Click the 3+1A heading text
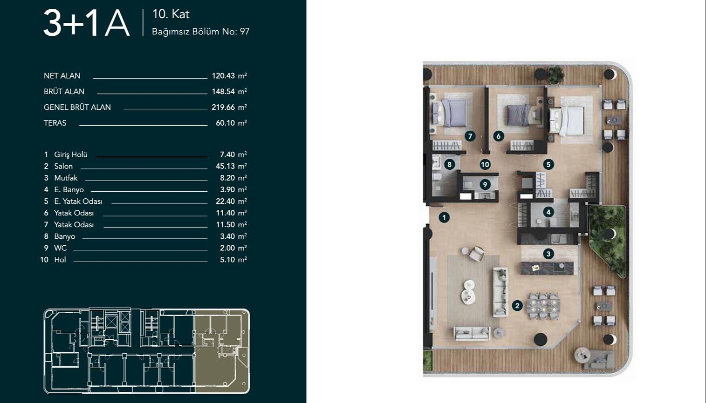(87, 23)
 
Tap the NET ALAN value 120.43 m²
(229, 76)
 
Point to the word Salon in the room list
(63, 166)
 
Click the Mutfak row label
(66, 178)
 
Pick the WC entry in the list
(60, 248)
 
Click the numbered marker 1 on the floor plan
(444, 217)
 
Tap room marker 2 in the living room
(517, 306)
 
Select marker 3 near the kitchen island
(548, 254)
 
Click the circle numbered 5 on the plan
(548, 164)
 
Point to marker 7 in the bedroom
(470, 136)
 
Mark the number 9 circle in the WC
(485, 185)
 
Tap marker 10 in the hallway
(485, 164)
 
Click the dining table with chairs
(543, 305)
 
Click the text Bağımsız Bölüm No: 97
(201, 32)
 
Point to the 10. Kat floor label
(171, 14)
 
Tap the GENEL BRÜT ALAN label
(77, 107)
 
